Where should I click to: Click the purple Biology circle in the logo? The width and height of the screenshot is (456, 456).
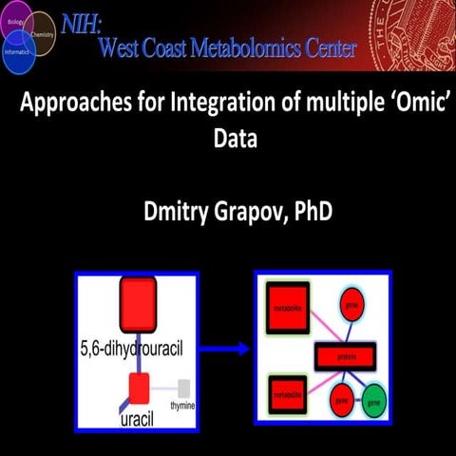[x=17, y=19]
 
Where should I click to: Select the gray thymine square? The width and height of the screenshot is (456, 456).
[x=184, y=387]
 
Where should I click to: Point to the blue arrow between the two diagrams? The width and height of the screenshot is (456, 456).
[x=227, y=349]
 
